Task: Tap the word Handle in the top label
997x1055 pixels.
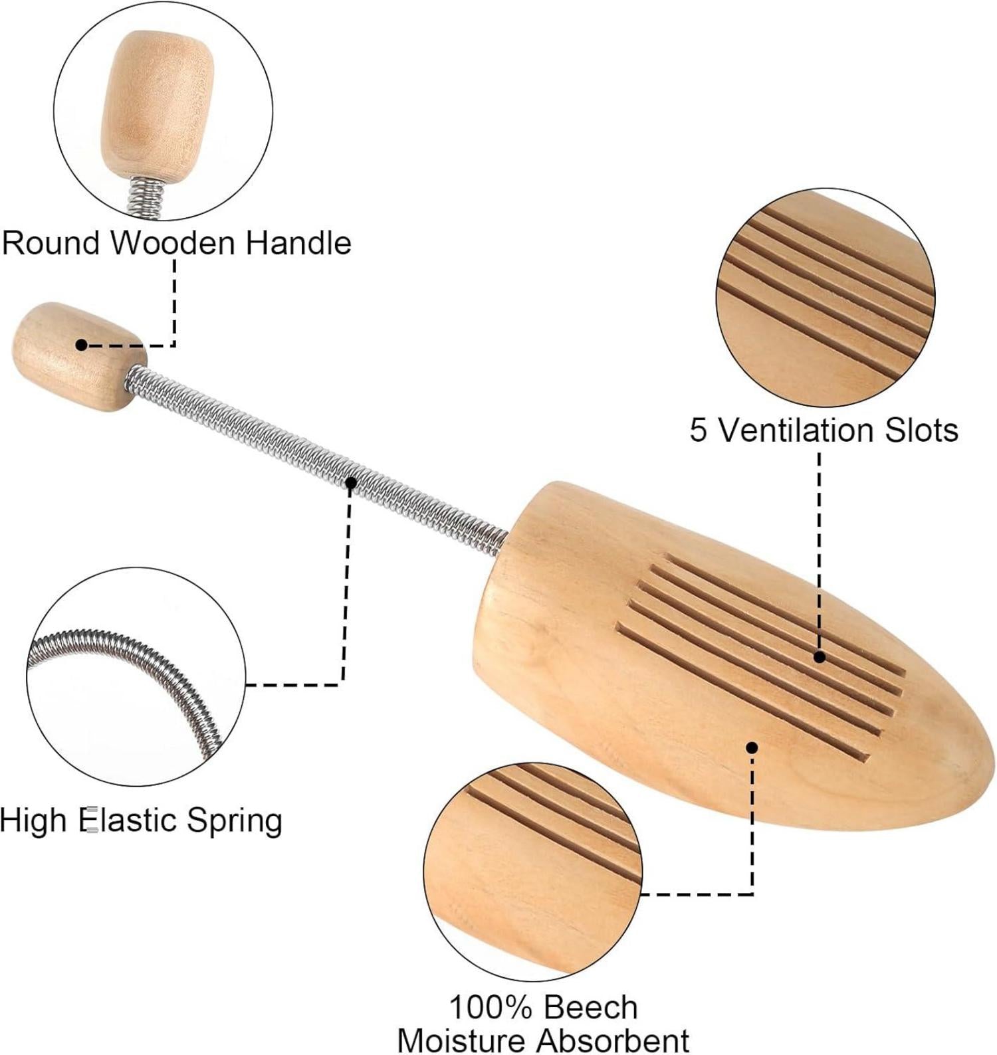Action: (x=298, y=242)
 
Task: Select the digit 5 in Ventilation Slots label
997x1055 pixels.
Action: (x=698, y=430)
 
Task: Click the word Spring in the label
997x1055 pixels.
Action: (x=234, y=821)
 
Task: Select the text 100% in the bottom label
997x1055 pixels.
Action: (x=491, y=1007)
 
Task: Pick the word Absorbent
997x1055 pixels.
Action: (x=613, y=1040)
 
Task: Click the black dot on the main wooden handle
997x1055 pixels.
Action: (x=81, y=345)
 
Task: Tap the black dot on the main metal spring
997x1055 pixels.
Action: (x=351, y=482)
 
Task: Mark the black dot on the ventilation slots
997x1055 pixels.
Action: (x=820, y=657)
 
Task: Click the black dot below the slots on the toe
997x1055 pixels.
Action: (x=752, y=747)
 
